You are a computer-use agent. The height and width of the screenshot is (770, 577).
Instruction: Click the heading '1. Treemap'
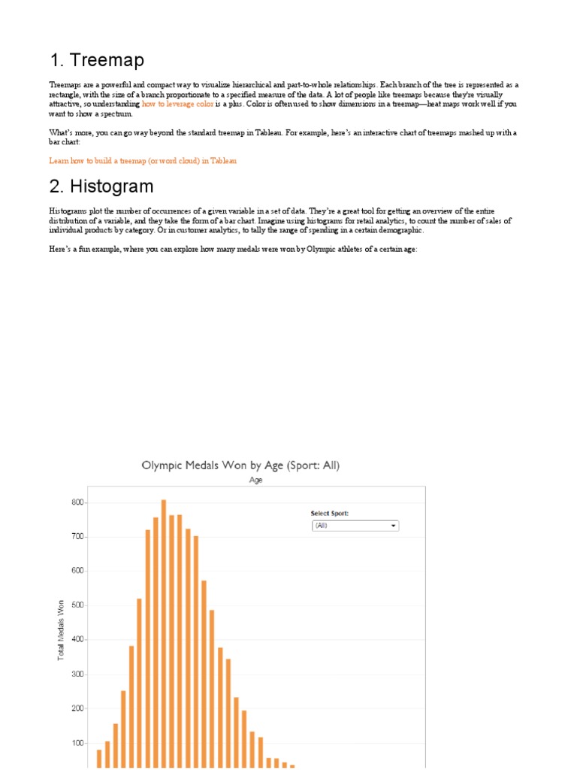(x=97, y=60)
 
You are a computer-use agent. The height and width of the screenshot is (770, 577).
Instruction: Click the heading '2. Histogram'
(x=101, y=186)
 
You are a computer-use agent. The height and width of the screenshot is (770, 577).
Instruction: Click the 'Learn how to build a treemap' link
(x=143, y=160)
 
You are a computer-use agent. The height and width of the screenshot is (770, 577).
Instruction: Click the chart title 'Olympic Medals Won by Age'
(x=240, y=465)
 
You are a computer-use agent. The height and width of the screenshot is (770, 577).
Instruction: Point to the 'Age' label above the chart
(x=255, y=480)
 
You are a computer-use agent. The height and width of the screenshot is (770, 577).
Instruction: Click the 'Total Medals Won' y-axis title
(x=61, y=630)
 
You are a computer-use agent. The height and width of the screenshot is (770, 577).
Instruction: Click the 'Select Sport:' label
(x=330, y=514)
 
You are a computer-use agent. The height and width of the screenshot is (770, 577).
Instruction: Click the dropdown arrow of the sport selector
(x=393, y=526)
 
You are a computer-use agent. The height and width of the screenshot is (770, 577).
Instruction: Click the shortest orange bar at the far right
(x=292, y=765)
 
